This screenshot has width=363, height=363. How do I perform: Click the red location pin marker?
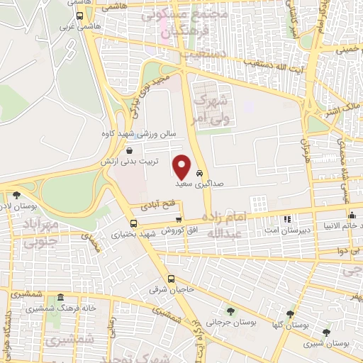pyautogui.click(x=182, y=167)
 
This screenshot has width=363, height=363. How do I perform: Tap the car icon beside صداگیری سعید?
pyautogui.click(x=201, y=172)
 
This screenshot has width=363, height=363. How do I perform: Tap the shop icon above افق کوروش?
pyautogui.click(x=179, y=220)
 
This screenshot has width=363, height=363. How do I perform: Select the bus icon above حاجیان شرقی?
pyautogui.click(x=171, y=278)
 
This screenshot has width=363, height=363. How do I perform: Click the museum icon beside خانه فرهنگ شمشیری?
pyautogui.click(x=61, y=298)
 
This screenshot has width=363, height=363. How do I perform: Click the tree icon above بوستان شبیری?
pyautogui.click(x=325, y=332)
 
